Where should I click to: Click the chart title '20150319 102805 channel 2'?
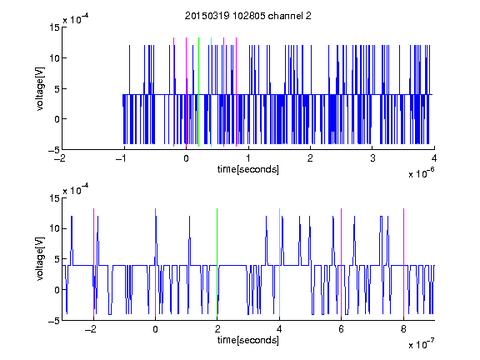pos(248,16)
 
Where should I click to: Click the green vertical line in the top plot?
pos(198,92)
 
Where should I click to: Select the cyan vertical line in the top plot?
pos(211,92)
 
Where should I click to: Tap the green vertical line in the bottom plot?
pos(217,262)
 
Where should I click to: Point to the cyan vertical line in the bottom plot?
pos(279,262)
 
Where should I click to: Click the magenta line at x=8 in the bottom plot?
pos(404,262)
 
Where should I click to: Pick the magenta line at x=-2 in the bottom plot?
pos(93,262)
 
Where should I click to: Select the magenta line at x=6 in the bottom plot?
pos(342,262)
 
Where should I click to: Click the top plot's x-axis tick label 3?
pos(372,158)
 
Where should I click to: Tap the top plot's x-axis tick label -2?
pos(60,158)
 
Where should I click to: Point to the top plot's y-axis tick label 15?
pos(55,27)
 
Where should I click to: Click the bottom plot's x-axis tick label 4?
pos(279,329)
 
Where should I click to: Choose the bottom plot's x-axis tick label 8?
pos(403,329)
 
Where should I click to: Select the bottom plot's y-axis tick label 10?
pos(55,228)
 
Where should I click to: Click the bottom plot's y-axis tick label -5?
pos(54,321)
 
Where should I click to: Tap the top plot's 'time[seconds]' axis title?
pos(248,169)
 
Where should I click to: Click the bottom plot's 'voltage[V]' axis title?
pos(40,259)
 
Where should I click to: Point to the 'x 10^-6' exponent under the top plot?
pos(422,172)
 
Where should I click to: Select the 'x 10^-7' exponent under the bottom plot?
pos(422,343)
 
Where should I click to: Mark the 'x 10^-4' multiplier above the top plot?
pos(76,19)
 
